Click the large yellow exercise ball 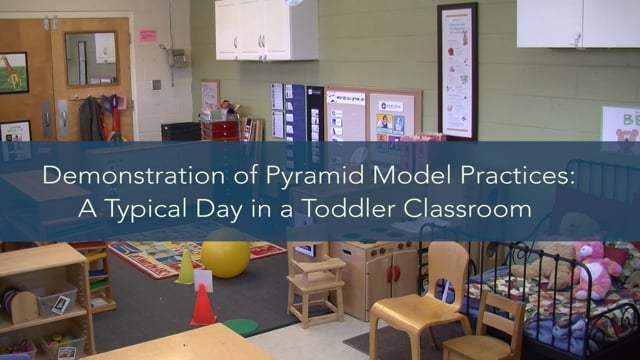point(225,258)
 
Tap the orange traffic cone point(203,306)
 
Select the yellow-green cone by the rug point(185,268)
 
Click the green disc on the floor point(240,326)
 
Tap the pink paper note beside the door point(147,36)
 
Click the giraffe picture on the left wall point(13,72)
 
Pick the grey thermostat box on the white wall point(178,58)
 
